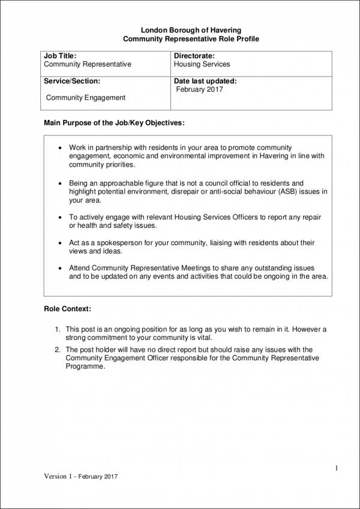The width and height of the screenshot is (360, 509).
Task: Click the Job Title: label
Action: tap(61, 56)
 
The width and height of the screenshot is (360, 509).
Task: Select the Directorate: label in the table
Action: tap(194, 56)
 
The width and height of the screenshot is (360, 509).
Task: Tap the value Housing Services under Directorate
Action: tap(202, 64)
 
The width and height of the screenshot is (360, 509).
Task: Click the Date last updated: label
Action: tap(205, 81)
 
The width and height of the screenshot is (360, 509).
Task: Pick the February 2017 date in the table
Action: tap(199, 89)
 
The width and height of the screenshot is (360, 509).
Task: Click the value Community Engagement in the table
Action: tap(86, 98)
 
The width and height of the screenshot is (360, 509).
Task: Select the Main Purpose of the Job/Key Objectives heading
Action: tap(115, 124)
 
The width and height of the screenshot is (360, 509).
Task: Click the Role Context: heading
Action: tap(68, 309)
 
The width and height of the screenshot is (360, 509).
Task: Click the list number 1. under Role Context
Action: tap(58, 329)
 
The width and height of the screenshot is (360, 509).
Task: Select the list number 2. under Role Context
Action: tap(58, 350)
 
